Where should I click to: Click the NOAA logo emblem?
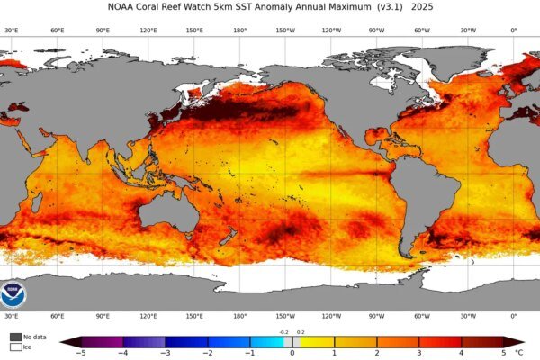(x=14, y=294)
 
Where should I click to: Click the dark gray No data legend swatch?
(x=15, y=337)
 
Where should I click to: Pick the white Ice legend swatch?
(x=15, y=346)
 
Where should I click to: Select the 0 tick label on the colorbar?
(x=292, y=353)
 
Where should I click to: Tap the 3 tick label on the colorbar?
(x=419, y=353)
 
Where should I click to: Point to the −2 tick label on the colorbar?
(x=207, y=353)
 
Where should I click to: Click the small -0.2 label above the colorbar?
(x=284, y=332)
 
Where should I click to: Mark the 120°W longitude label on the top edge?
(x=331, y=30)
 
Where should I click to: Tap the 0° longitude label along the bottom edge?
(x=514, y=317)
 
